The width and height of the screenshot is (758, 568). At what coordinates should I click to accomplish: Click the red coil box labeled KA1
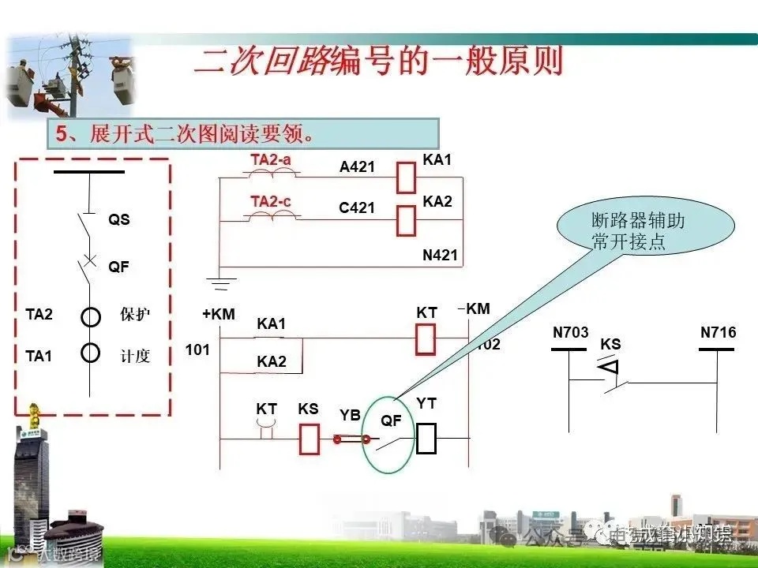[x=406, y=177]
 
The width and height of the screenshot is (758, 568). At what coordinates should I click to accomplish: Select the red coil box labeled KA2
[x=406, y=221]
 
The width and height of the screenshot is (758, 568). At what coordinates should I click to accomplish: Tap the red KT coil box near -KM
[x=426, y=338]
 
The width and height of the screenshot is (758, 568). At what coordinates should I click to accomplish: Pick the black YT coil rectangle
[x=426, y=439]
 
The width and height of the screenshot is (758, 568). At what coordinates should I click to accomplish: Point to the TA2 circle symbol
[x=91, y=316]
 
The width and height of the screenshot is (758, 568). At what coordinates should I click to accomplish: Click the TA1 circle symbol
[x=91, y=352]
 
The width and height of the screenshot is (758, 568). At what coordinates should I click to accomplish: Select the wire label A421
[x=357, y=167]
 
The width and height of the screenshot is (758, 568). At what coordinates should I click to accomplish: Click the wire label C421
[x=357, y=208]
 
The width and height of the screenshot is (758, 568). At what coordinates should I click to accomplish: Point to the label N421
[x=440, y=256]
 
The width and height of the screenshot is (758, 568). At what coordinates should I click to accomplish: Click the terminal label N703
[x=570, y=333]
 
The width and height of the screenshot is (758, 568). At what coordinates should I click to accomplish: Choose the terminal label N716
[x=718, y=333]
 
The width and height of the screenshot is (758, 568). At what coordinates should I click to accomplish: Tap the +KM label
[x=219, y=314]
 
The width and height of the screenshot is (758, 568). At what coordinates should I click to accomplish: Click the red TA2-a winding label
[x=271, y=159]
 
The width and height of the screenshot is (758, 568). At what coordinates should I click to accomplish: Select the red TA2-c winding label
[x=271, y=202]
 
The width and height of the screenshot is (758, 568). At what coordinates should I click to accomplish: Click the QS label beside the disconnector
[x=119, y=220]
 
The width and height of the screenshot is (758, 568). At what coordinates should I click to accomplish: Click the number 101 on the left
[x=197, y=349]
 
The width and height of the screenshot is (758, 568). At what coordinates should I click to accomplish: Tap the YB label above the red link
[x=350, y=415]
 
